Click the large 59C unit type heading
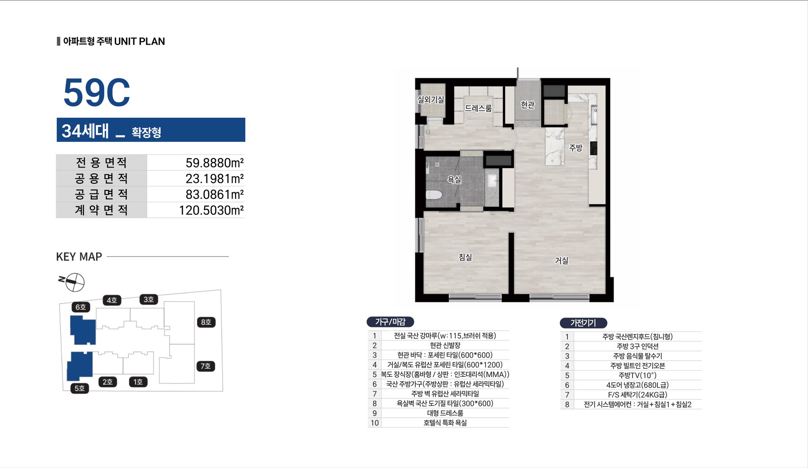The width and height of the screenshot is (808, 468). (x=97, y=93)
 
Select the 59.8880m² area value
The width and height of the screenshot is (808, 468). (x=215, y=163)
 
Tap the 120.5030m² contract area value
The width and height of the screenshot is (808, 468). (x=211, y=210)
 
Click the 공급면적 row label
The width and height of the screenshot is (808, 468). (x=101, y=194)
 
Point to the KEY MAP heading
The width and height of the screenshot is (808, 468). (x=79, y=256)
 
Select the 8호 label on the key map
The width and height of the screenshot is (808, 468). (x=206, y=322)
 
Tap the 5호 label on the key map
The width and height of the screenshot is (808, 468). (x=79, y=388)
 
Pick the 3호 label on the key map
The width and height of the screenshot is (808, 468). (x=149, y=299)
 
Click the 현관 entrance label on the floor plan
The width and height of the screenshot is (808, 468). (x=528, y=105)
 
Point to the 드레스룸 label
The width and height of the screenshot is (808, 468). (x=479, y=108)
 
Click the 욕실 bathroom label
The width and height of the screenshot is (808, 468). (x=454, y=179)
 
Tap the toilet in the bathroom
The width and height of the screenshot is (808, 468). (x=434, y=194)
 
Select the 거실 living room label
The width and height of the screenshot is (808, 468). (x=562, y=260)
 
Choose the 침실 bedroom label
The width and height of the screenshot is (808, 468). (x=465, y=257)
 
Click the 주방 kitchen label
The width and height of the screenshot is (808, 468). (x=576, y=147)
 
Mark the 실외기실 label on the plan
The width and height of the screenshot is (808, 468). (x=431, y=99)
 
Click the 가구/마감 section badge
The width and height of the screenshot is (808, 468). (x=390, y=322)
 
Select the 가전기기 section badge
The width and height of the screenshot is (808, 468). (x=583, y=322)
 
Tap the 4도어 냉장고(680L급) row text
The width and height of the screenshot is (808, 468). (x=637, y=385)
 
